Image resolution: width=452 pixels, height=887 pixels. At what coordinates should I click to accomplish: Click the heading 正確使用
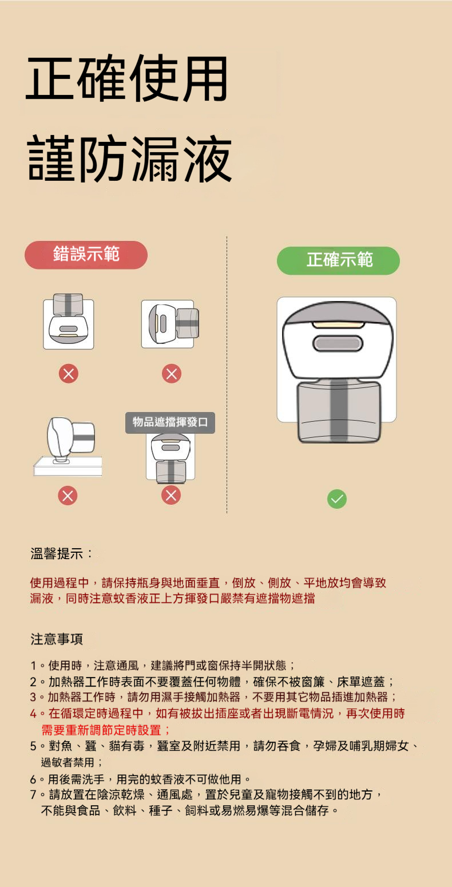pyautogui.click(x=127, y=80)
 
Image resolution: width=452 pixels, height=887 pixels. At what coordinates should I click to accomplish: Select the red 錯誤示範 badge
pyautogui.click(x=86, y=255)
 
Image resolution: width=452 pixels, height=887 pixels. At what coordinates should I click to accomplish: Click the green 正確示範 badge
pyautogui.click(x=338, y=261)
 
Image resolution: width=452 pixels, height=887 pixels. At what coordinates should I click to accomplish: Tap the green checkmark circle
pyautogui.click(x=336, y=500)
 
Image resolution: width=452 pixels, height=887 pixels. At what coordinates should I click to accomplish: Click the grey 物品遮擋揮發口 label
pyautogui.click(x=170, y=423)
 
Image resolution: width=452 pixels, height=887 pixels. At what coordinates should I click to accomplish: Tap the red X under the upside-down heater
pyautogui.click(x=68, y=374)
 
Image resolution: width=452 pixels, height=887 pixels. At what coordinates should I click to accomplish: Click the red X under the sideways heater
pyautogui.click(x=171, y=374)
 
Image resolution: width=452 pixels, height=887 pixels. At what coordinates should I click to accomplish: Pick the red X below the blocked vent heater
pyautogui.click(x=171, y=495)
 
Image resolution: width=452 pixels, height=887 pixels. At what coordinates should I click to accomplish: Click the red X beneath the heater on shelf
pyautogui.click(x=68, y=495)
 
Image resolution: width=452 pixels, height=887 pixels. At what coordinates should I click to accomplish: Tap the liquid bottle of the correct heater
pyautogui.click(x=338, y=410)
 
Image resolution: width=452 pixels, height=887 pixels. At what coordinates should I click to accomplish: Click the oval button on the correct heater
pyautogui.click(x=338, y=344)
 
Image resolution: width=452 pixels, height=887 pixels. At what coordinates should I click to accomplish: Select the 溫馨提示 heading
pyautogui.click(x=62, y=553)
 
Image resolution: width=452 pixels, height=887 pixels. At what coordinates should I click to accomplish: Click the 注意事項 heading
pyautogui.click(x=57, y=638)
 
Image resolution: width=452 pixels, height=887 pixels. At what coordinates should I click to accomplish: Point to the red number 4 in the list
pyautogui.click(x=34, y=714)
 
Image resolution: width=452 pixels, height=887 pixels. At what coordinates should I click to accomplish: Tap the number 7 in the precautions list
pyautogui.click(x=34, y=795)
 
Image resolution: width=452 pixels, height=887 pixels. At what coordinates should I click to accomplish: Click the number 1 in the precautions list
pyautogui.click(x=34, y=666)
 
